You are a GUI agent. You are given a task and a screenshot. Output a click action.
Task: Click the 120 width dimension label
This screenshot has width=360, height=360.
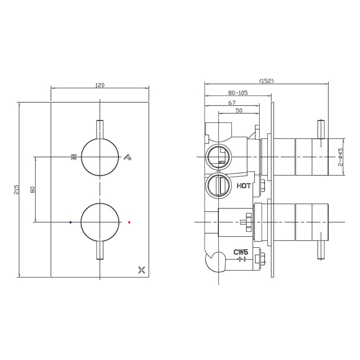click(100, 85)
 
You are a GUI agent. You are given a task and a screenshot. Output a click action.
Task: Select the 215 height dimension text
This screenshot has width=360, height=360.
click(16, 189)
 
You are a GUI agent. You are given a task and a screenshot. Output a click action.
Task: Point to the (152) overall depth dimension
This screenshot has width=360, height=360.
click(266, 81)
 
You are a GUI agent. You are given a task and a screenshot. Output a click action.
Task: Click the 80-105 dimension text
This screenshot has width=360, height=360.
click(238, 93)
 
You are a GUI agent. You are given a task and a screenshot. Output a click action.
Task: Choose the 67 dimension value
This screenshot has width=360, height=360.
click(232, 102)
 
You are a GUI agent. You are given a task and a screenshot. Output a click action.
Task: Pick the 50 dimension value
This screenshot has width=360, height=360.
click(239, 111)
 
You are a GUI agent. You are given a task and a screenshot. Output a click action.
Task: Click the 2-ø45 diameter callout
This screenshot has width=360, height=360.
click(341, 157)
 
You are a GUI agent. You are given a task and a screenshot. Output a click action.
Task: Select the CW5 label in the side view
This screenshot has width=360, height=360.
click(241, 252)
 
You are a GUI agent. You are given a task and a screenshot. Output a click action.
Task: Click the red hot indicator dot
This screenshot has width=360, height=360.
click(129, 222)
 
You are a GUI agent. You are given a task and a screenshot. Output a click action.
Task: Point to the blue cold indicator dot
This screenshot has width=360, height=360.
click(71, 222)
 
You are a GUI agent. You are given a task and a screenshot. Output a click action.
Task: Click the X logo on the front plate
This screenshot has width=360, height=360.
click(141, 270)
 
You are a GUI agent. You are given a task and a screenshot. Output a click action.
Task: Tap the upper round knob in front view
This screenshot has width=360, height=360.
click(100, 157)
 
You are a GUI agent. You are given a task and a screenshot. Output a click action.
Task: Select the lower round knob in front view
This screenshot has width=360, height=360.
click(100, 222)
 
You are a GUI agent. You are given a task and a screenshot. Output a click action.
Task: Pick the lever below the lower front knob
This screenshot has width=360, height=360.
click(100, 250)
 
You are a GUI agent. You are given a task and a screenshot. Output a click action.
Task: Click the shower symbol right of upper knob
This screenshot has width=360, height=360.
click(127, 156)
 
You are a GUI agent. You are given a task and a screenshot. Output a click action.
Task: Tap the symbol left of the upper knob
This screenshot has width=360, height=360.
click(73, 156)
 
